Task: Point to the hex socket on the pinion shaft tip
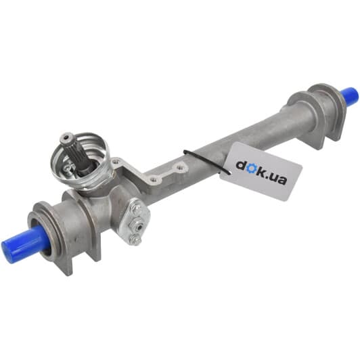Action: [x=66, y=138]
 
